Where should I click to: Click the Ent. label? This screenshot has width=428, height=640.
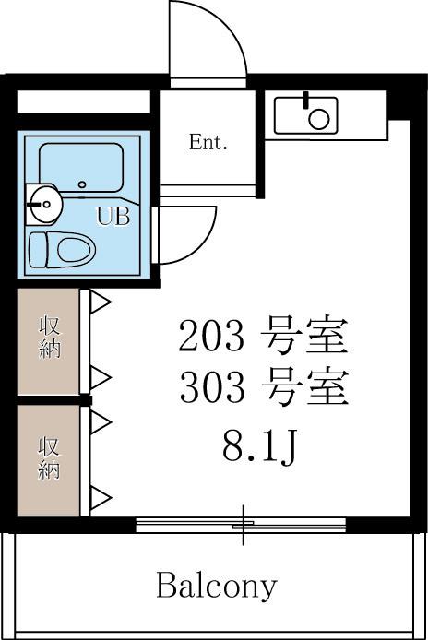(x=208, y=143)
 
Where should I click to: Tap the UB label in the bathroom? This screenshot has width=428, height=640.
(x=113, y=218)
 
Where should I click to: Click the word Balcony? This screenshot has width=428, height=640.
(x=217, y=585)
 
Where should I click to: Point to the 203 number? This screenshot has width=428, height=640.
(x=211, y=338)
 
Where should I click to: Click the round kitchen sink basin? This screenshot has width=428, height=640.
(x=318, y=118)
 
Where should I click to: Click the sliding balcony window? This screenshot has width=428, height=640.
(x=242, y=526)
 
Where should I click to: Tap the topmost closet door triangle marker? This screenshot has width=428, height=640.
(x=100, y=302)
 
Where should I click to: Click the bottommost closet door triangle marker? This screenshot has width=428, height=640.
(x=100, y=499)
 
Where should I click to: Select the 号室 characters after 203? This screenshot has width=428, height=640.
(x=303, y=338)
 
